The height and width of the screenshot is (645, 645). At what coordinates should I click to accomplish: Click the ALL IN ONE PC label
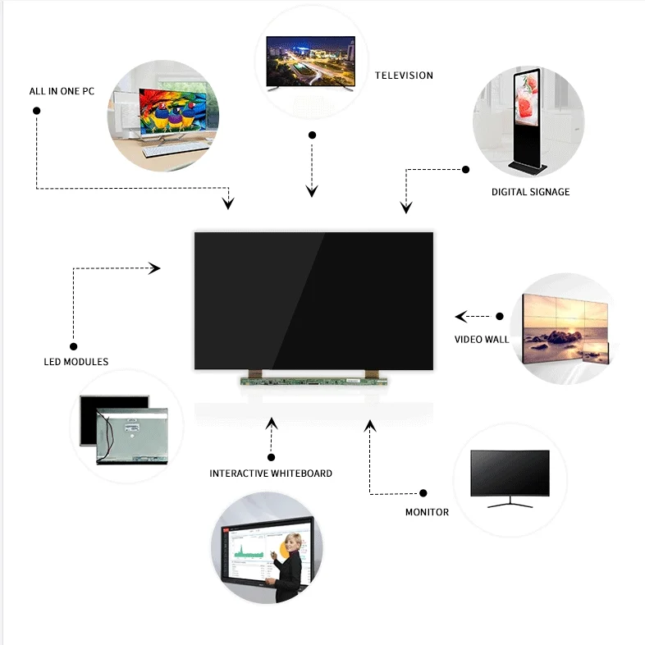point(62,91)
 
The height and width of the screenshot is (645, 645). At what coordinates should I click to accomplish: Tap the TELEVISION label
point(404,75)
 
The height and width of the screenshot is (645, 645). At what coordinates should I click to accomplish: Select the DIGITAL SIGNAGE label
point(530,192)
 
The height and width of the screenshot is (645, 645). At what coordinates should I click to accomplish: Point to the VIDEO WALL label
point(482,339)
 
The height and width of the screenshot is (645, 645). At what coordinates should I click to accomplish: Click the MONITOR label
point(427,512)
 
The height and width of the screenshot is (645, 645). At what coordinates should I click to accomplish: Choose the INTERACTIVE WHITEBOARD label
point(271,473)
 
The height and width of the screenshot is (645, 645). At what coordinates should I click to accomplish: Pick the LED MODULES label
point(75,362)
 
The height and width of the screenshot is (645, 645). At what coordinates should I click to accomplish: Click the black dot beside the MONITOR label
point(423,493)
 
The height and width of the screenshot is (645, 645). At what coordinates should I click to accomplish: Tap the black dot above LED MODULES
point(74,346)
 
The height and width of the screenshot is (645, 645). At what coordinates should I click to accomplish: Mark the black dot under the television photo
point(311,135)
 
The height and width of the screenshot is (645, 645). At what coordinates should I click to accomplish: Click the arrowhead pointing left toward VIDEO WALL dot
point(461,316)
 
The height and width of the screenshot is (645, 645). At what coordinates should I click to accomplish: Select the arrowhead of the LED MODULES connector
point(154,268)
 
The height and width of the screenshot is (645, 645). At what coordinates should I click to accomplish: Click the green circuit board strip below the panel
point(313,380)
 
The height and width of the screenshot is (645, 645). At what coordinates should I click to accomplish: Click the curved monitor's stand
point(510,502)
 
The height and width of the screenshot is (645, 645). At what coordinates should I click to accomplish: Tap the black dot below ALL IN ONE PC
point(37,110)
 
